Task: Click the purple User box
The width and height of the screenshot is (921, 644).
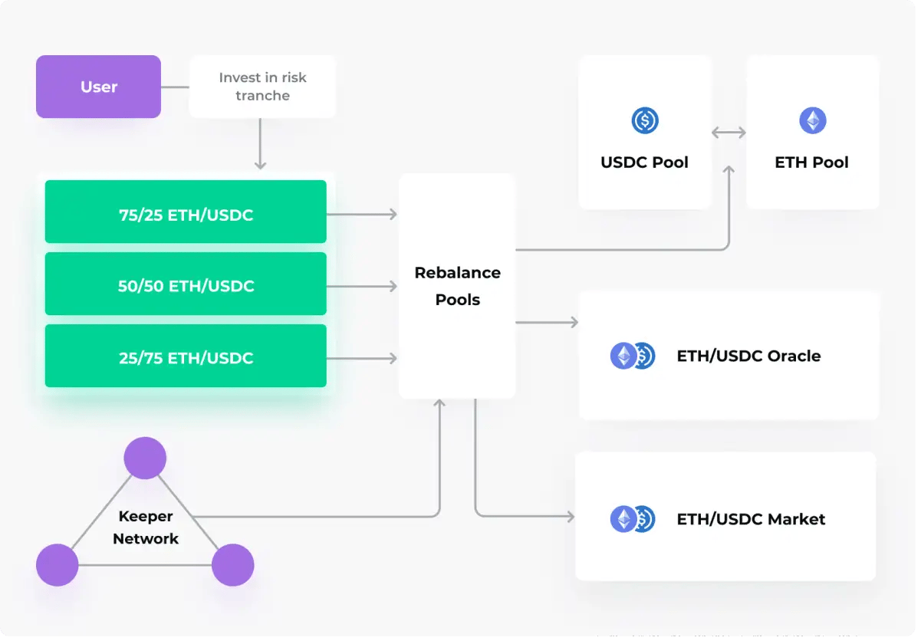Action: (98, 87)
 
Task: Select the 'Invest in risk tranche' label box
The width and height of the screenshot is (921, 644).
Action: (262, 87)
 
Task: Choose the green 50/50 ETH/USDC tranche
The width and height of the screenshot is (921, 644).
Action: (186, 286)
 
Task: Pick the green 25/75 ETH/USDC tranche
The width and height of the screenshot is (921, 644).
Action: (186, 356)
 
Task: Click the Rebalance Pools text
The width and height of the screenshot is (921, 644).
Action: (457, 286)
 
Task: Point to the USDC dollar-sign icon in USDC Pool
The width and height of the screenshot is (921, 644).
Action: (644, 120)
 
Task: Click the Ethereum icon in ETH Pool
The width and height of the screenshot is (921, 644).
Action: (812, 120)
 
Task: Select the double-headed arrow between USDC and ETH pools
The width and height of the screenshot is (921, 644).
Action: (729, 133)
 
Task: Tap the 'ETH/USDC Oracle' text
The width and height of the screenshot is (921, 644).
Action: (748, 356)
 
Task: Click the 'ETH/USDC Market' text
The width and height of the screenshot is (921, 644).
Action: (751, 519)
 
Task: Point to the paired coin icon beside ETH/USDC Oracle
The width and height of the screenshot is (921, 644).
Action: (632, 356)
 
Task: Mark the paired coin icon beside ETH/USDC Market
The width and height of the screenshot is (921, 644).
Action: (632, 519)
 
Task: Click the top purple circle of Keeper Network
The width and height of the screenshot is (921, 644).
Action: (145, 458)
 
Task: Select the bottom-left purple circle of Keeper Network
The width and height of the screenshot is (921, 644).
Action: (58, 565)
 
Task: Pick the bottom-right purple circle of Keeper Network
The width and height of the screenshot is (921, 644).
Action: (232, 565)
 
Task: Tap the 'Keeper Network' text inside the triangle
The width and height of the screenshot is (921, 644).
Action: (145, 527)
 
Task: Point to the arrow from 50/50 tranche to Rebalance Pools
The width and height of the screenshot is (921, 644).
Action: (362, 287)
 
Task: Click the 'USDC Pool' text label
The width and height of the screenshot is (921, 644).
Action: (644, 163)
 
